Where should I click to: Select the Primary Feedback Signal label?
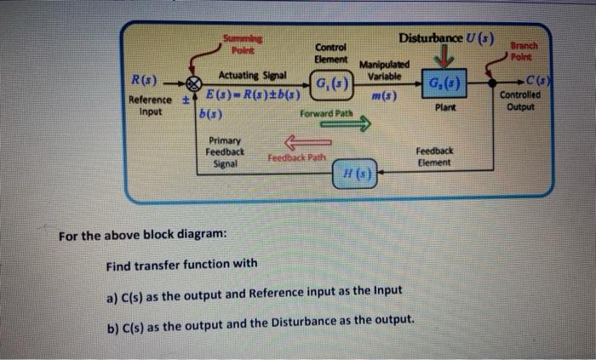click(x=225, y=151)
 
